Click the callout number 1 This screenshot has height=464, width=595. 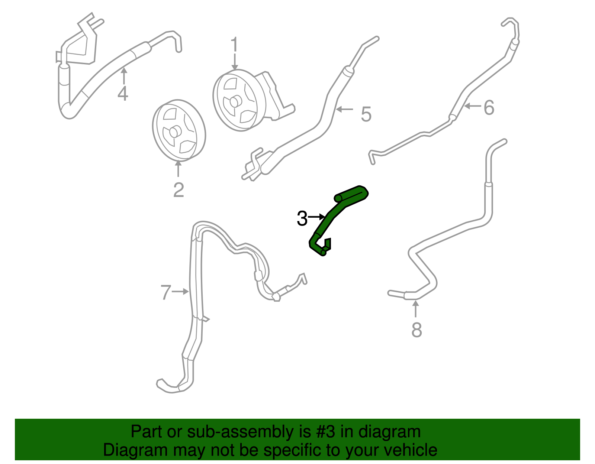tap(234, 45)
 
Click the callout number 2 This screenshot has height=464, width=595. tap(178, 190)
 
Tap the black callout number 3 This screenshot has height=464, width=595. tap(302, 218)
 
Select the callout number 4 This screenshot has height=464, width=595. tap(123, 93)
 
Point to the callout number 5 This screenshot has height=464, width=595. tap(366, 114)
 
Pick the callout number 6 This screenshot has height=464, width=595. tap(489, 108)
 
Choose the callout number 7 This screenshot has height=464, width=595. tap(166, 292)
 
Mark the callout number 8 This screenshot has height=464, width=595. tap(416, 330)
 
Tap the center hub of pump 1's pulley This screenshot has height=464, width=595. tap(234, 101)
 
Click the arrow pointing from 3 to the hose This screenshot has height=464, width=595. tap(317, 216)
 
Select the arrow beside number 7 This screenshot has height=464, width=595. tap(181, 292)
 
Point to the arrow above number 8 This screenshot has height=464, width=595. tap(416, 309)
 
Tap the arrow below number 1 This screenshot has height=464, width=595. tap(234, 61)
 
